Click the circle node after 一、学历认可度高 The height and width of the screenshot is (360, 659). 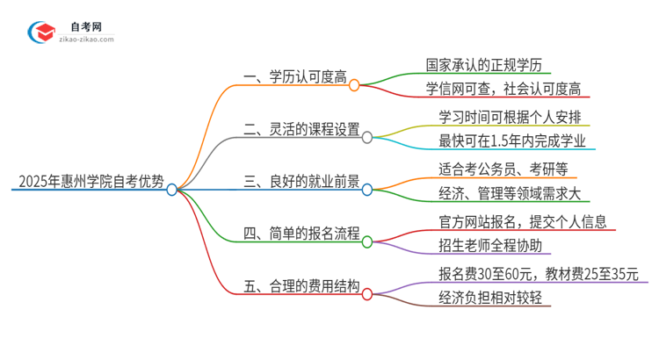(x=354, y=85)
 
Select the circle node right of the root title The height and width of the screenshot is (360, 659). (x=172, y=189)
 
